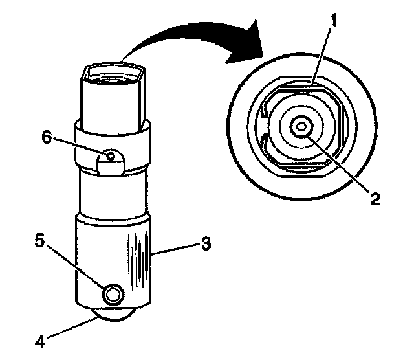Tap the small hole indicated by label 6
click(x=111, y=155)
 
